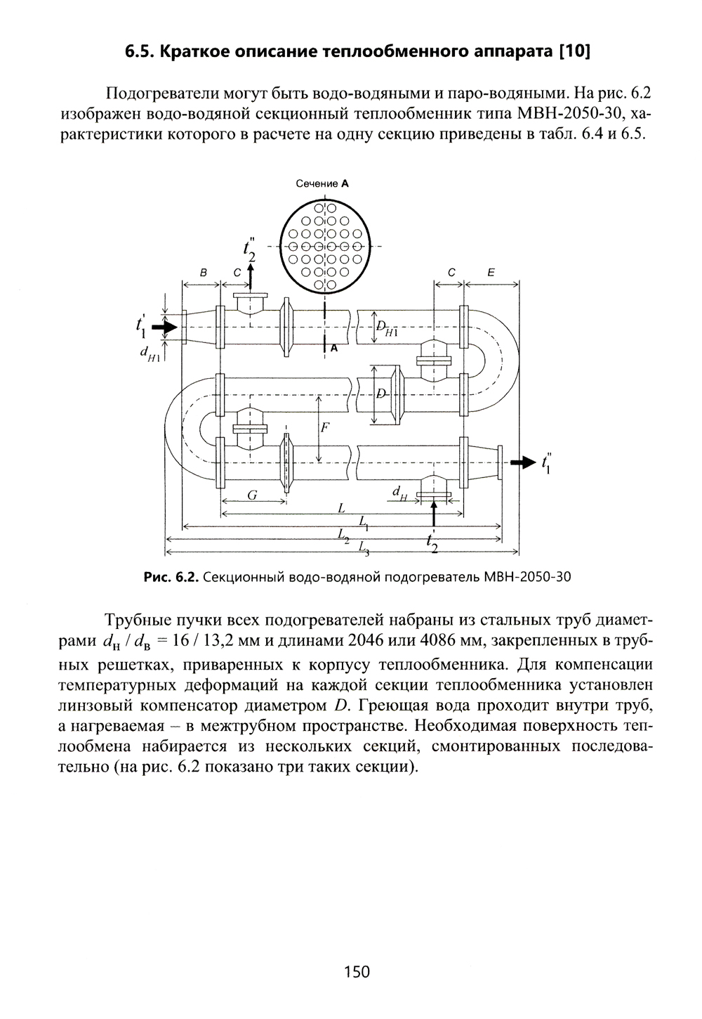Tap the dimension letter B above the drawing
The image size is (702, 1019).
click(202, 271)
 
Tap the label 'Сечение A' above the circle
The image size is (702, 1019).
click(322, 183)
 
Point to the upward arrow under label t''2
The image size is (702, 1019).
click(251, 278)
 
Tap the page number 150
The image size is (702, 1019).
click(357, 972)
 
